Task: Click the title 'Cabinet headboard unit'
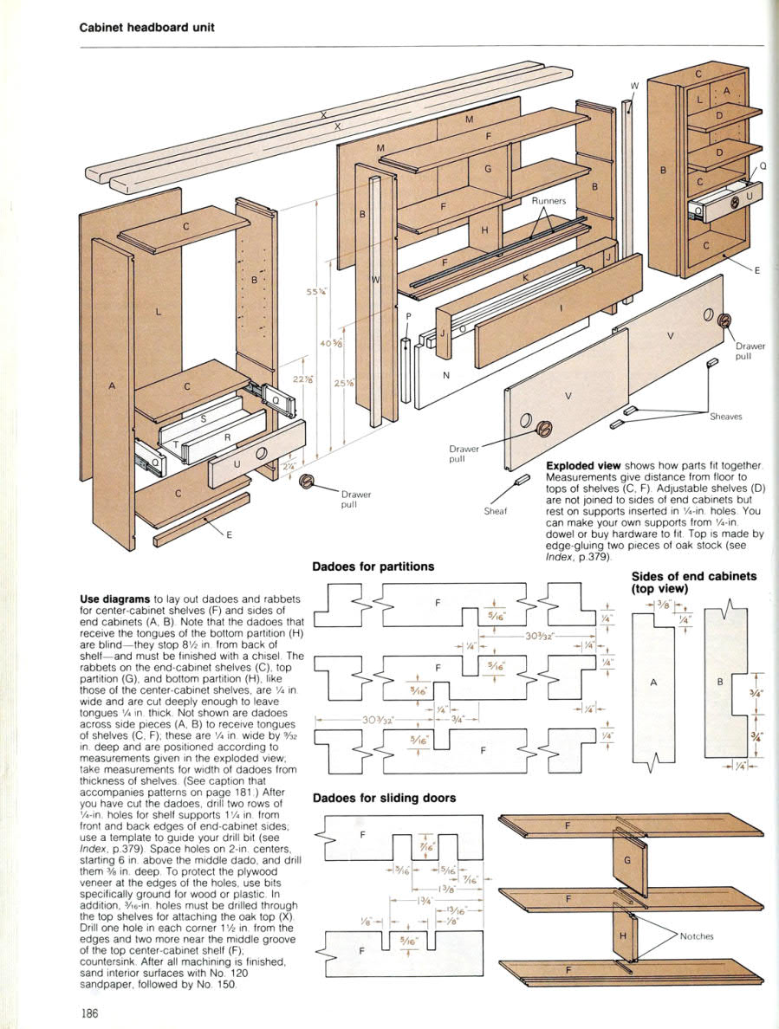146,27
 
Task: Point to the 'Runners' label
549,201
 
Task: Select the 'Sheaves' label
727,416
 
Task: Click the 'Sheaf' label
494,511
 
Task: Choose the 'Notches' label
698,935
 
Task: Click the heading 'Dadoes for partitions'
373,567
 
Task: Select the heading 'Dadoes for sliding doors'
384,798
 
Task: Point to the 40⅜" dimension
330,344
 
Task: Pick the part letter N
445,375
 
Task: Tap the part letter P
408,317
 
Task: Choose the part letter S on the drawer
203,419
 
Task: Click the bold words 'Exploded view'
583,466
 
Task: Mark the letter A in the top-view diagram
653,683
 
